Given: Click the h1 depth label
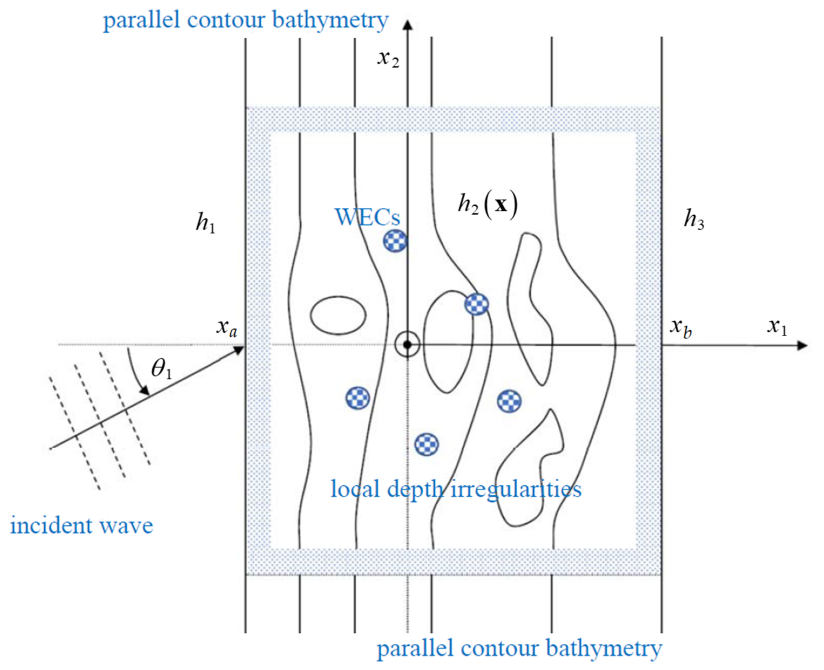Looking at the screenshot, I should click(205, 223).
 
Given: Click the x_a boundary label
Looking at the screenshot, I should click(227, 328).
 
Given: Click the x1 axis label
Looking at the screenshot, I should click(777, 327).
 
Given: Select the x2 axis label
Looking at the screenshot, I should click(388, 59).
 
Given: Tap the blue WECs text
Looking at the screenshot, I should click(367, 217).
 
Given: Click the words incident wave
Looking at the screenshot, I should click(81, 526).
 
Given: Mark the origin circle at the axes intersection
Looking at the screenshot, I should click(407, 345).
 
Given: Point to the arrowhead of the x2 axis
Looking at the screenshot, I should click(407, 25).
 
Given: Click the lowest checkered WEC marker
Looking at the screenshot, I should click(426, 445).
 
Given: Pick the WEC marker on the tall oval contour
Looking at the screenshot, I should click(477, 304).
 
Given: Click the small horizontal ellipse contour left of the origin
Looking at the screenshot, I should click(338, 315).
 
